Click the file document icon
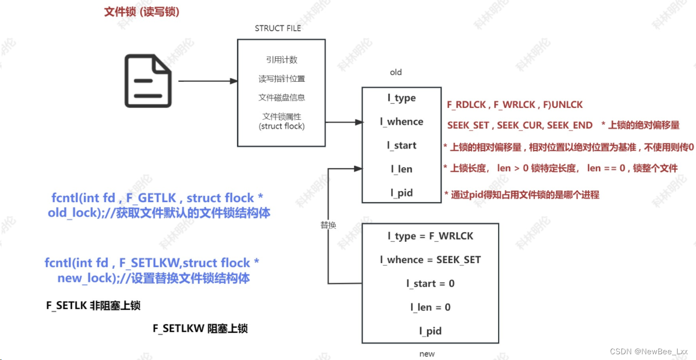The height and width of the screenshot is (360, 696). click(x=147, y=82)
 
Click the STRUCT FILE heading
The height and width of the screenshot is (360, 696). click(x=278, y=28)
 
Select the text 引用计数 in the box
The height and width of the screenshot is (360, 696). click(x=281, y=60)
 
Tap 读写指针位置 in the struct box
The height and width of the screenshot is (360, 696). click(x=281, y=79)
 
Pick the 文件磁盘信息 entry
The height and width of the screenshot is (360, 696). click(x=281, y=97)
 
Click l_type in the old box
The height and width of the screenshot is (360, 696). click(x=402, y=98)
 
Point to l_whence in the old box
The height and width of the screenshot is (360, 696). click(x=402, y=122)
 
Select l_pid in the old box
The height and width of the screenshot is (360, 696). click(x=402, y=193)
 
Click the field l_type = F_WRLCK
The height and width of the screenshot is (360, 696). click(x=430, y=236)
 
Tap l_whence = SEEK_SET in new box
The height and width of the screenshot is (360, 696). click(x=430, y=260)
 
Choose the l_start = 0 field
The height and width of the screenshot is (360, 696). click(x=430, y=283)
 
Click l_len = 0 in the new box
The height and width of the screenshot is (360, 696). click(x=430, y=307)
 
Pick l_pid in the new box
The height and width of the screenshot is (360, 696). click(x=430, y=331)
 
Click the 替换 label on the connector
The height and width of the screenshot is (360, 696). click(x=328, y=225)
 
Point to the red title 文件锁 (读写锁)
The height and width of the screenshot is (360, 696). click(x=142, y=12)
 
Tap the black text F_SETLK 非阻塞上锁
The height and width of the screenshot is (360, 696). click(x=93, y=306)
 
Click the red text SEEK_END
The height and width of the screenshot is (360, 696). click(x=570, y=125)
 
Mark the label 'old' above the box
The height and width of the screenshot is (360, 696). click(x=396, y=72)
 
